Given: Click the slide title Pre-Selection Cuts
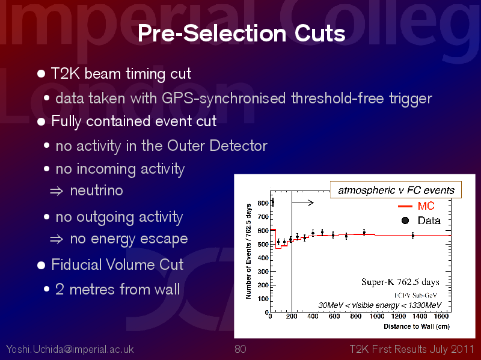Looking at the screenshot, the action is [242, 33].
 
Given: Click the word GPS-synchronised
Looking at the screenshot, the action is [224, 99].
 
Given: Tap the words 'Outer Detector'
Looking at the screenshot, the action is [217, 145].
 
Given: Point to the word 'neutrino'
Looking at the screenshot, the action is [96, 191].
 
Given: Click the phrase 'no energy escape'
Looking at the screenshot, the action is [129, 239].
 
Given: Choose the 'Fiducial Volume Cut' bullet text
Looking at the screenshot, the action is [117, 264].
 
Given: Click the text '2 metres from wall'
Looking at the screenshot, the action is [117, 289].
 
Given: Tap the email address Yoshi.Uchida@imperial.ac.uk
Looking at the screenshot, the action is [70, 349].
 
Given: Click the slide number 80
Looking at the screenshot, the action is [240, 349].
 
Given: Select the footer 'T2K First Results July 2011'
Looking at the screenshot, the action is [412, 349].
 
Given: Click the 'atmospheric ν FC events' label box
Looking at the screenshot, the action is [396, 190].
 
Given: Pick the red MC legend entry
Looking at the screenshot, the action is [416, 206].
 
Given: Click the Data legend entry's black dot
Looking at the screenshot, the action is [405, 221].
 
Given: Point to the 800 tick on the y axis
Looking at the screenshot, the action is [263, 203].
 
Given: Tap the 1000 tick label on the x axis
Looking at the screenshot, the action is [377, 316].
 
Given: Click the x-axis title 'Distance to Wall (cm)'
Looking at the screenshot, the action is [417, 326].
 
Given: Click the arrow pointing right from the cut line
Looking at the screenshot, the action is [302, 203].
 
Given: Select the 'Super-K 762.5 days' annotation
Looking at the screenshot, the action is [400, 282].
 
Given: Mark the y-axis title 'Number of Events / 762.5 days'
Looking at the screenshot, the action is [248, 251].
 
